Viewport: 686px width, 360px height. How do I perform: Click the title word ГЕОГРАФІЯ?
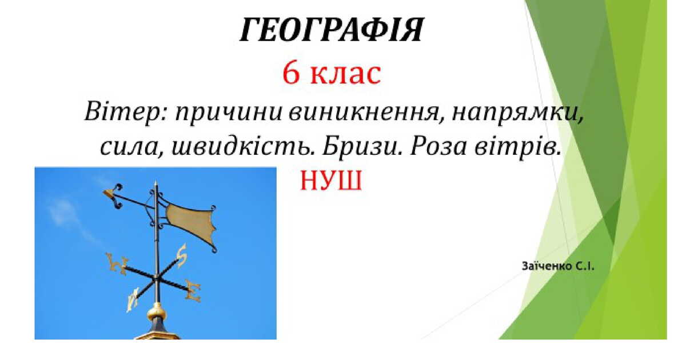coord(331,30)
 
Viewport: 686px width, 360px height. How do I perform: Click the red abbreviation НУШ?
coord(331,182)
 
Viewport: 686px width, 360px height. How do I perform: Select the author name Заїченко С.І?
coord(558,266)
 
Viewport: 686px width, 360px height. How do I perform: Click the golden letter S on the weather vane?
coord(181,255)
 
